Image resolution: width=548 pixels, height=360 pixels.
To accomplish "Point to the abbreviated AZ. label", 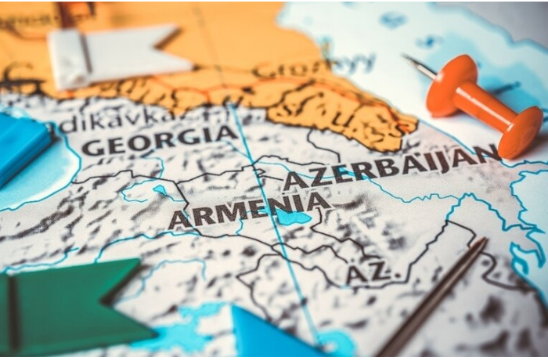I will click(x=368, y=273).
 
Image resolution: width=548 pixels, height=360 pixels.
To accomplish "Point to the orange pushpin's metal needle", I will click(x=420, y=66).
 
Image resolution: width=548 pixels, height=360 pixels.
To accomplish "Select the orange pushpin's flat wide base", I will click(x=521, y=132).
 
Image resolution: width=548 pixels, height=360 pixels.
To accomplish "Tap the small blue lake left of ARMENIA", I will click(x=160, y=191).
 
